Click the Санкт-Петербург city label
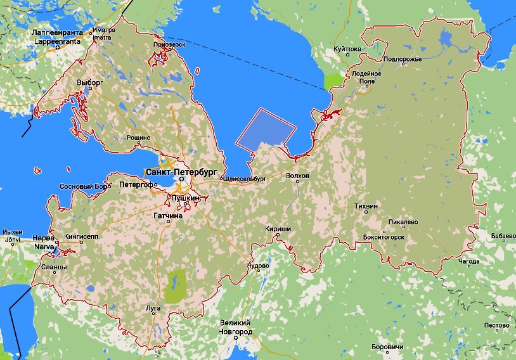click(x=181, y=172)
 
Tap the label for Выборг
click(x=89, y=82)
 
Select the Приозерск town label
click(x=169, y=44)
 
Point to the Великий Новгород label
click(x=235, y=328)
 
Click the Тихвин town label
click(x=366, y=207)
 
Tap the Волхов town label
click(x=298, y=176)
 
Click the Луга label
click(x=153, y=309)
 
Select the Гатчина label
click(x=168, y=216)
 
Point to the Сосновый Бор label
click(x=84, y=187)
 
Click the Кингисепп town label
click(x=81, y=236)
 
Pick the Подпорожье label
click(x=403, y=59)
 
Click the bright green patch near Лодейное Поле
click(x=333, y=81)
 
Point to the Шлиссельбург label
click(x=245, y=179)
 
